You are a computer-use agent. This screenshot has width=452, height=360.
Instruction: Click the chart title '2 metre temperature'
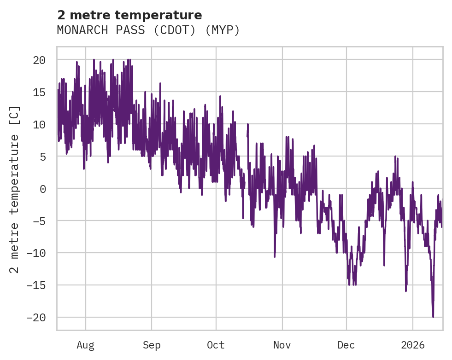point(129,15)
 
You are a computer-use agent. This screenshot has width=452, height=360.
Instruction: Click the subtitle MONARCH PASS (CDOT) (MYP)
point(148,30)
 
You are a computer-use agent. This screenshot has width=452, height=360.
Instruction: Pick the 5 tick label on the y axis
point(42,157)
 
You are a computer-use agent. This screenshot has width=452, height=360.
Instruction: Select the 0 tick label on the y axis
point(42,189)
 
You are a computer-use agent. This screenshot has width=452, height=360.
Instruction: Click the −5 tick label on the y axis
point(39,221)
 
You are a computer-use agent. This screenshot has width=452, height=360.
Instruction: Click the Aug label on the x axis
point(86,345)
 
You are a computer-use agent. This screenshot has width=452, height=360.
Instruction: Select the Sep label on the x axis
point(152,345)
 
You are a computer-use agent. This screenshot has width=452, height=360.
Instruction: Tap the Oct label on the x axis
point(216,345)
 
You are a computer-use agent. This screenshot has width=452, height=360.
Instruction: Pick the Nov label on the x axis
point(282,345)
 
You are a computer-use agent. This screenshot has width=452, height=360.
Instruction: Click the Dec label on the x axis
point(346,345)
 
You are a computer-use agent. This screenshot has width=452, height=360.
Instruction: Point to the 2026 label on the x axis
point(412,345)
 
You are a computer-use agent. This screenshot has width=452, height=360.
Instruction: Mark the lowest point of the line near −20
point(433,317)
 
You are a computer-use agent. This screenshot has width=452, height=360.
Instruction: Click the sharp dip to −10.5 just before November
point(275,256)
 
